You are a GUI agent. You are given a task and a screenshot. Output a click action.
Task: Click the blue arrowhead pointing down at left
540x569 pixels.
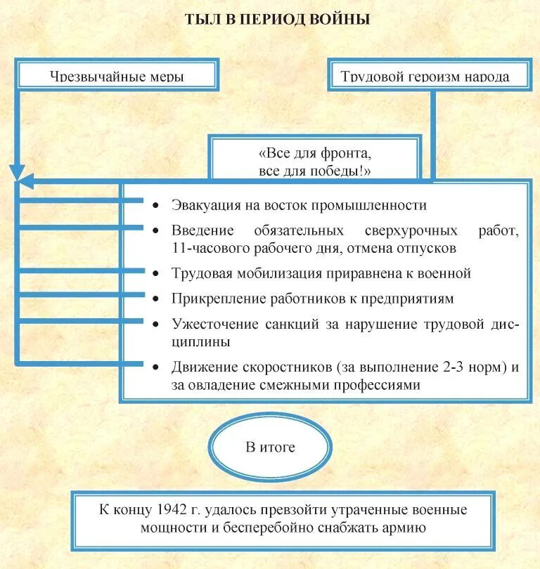click(x=18, y=174)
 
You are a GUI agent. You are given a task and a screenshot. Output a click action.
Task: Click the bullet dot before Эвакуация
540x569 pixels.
click(x=155, y=205)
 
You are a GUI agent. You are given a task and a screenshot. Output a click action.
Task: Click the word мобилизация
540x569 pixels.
click(x=271, y=273)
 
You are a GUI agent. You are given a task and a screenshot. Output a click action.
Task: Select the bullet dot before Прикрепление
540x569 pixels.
click(x=155, y=299)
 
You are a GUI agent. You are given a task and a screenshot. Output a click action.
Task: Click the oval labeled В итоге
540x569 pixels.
click(x=270, y=447)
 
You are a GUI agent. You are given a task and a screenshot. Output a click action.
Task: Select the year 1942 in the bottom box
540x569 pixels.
click(x=172, y=510)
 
